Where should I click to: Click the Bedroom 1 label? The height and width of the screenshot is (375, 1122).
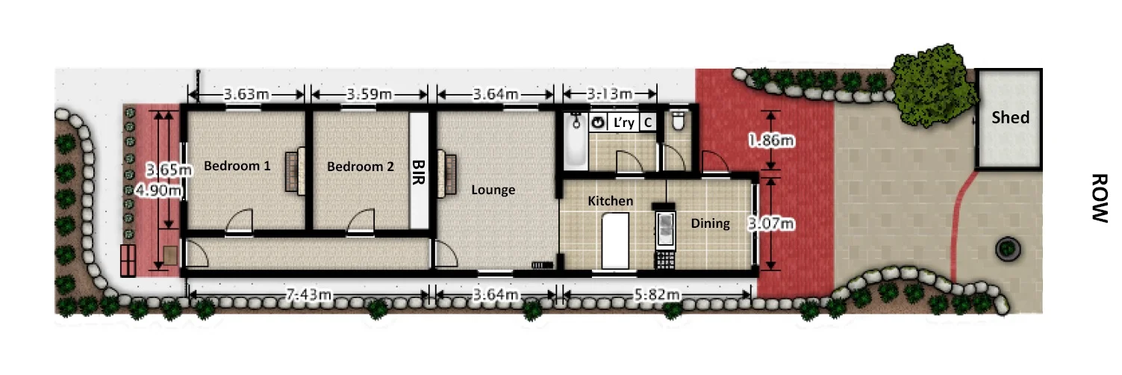(x=237, y=166)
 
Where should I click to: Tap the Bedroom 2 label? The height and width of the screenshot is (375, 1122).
(x=360, y=167)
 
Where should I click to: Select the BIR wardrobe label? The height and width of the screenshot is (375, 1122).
(x=419, y=172)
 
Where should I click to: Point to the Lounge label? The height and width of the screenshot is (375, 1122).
(x=493, y=190)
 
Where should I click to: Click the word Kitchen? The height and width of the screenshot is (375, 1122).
(x=610, y=201)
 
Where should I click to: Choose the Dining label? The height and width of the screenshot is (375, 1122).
(x=710, y=223)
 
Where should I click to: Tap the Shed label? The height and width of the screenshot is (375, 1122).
(x=1010, y=117)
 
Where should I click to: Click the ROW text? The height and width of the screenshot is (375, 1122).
(x=1097, y=198)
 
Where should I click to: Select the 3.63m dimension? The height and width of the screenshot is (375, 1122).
(x=246, y=95)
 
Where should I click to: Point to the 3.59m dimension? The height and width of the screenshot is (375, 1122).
(x=369, y=95)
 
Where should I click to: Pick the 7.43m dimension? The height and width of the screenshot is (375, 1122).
(x=309, y=295)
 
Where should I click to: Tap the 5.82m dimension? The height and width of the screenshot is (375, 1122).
(x=657, y=295)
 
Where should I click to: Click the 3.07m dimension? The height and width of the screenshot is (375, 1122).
(x=770, y=223)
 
